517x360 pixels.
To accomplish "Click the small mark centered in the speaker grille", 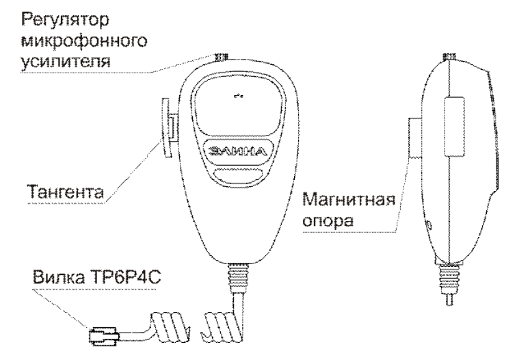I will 238,97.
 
